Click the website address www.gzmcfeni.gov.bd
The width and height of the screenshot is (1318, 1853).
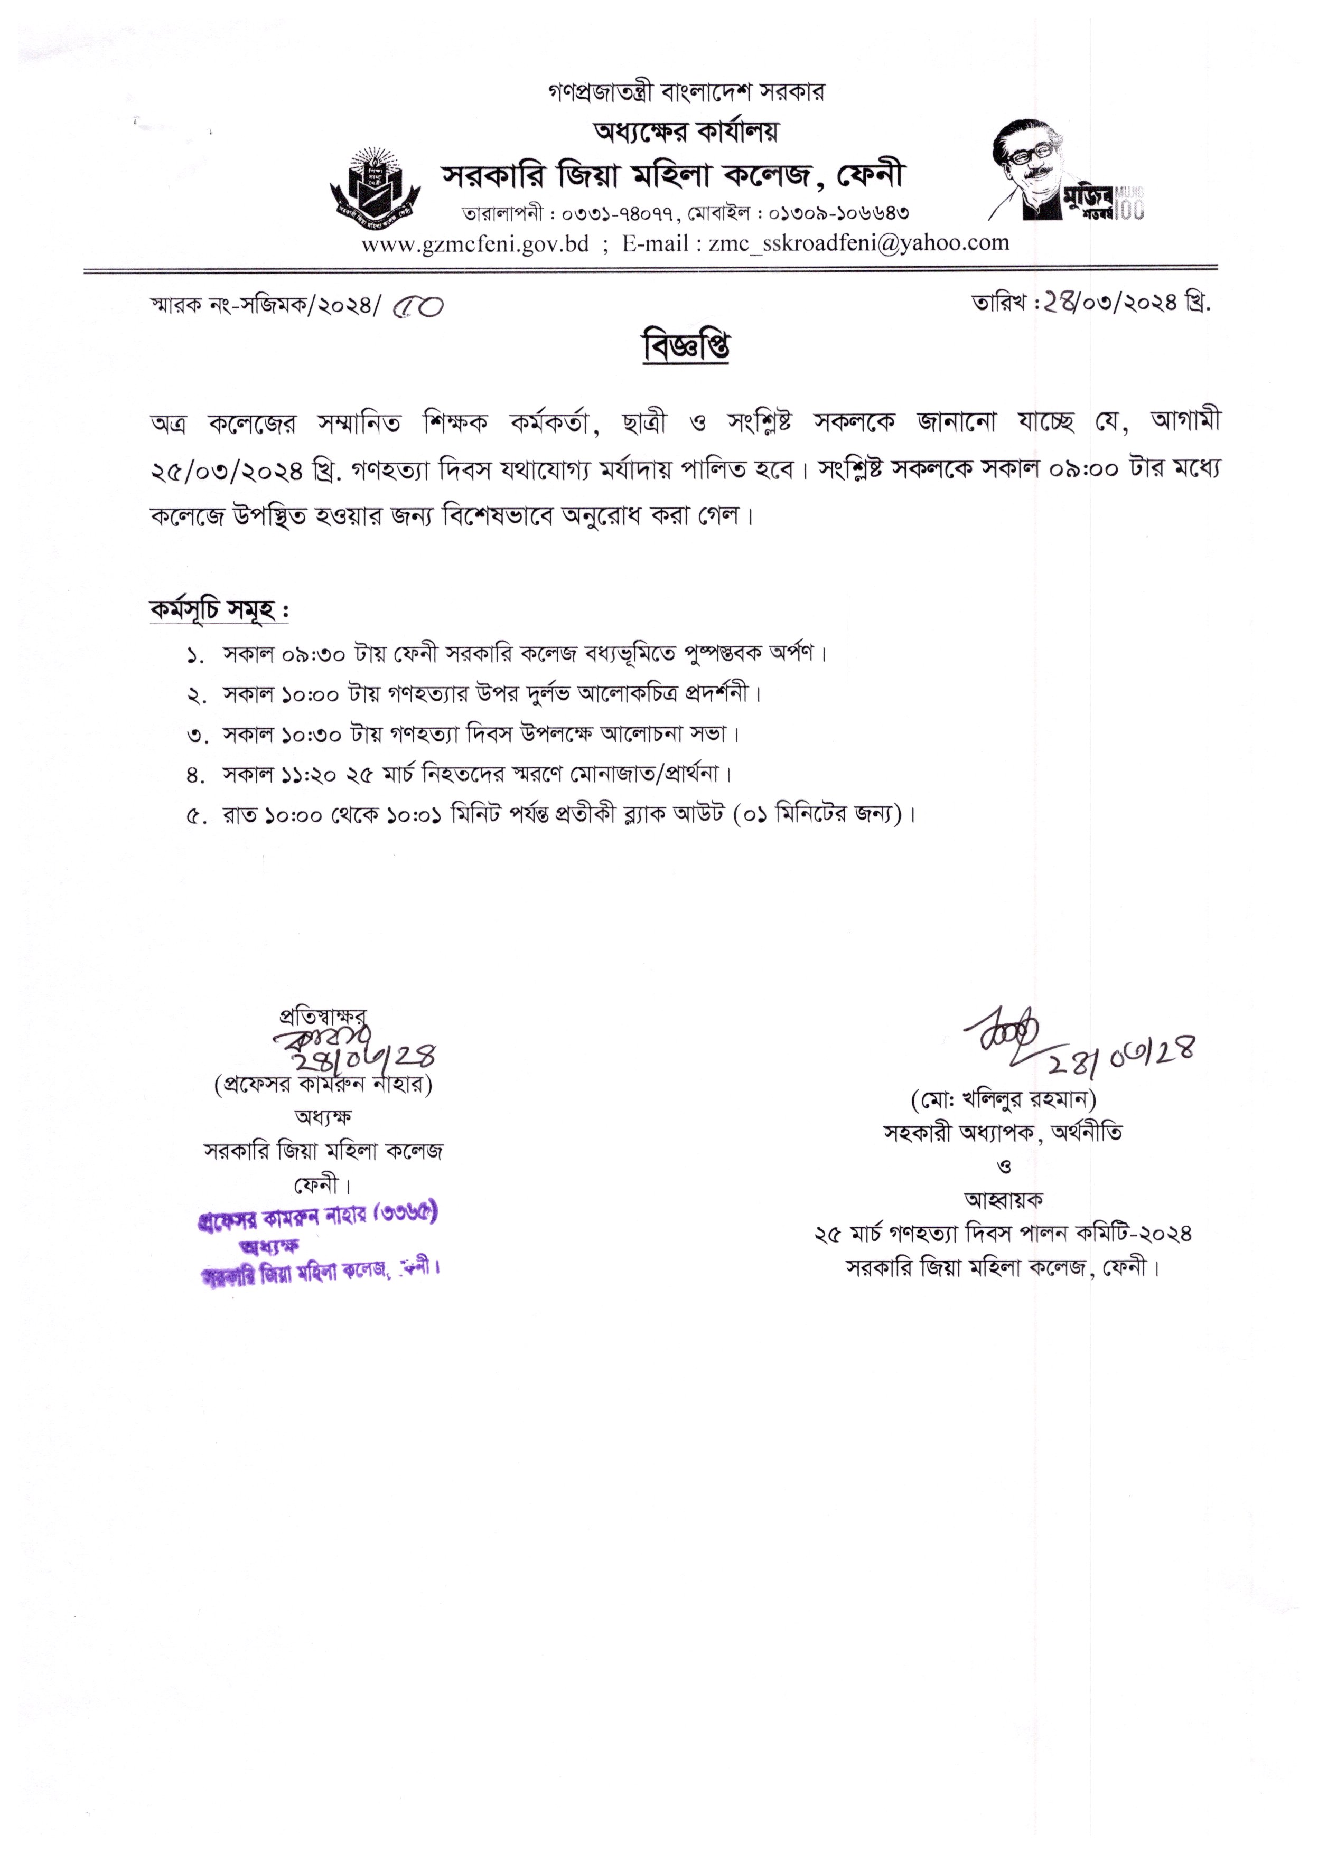(x=475, y=243)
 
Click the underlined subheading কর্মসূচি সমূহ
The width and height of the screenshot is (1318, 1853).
(x=219, y=609)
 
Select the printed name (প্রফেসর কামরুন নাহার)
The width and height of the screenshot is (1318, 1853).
(x=323, y=1085)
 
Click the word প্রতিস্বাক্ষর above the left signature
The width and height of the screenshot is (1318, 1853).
(x=322, y=1015)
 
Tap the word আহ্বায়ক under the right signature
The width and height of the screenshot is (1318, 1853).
(x=1003, y=1199)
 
